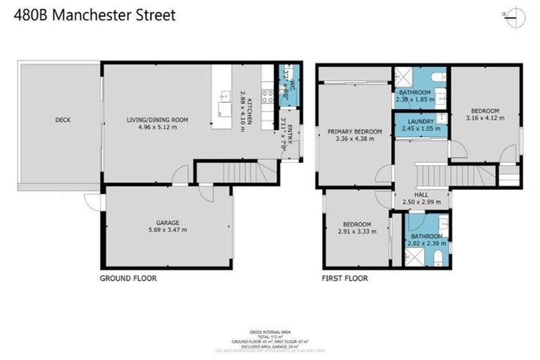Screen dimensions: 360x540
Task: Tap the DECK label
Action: pyautogui.click(x=63, y=120)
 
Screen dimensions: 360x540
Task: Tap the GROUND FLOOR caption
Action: pyautogui.click(x=128, y=278)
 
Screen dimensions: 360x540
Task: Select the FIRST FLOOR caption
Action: pyautogui.click(x=345, y=278)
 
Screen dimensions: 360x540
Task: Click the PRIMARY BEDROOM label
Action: pyautogui.click(x=355, y=131)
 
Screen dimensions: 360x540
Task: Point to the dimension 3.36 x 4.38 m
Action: pyautogui.click(x=355, y=139)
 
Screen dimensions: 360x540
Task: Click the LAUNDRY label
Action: pyautogui.click(x=421, y=121)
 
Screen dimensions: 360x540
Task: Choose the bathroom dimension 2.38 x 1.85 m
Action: pyautogui.click(x=415, y=99)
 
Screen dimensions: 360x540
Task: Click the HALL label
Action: pyautogui.click(x=421, y=194)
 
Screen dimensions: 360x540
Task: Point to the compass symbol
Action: pyautogui.click(x=515, y=15)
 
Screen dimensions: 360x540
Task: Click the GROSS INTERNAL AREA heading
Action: pyautogui.click(x=270, y=331)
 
